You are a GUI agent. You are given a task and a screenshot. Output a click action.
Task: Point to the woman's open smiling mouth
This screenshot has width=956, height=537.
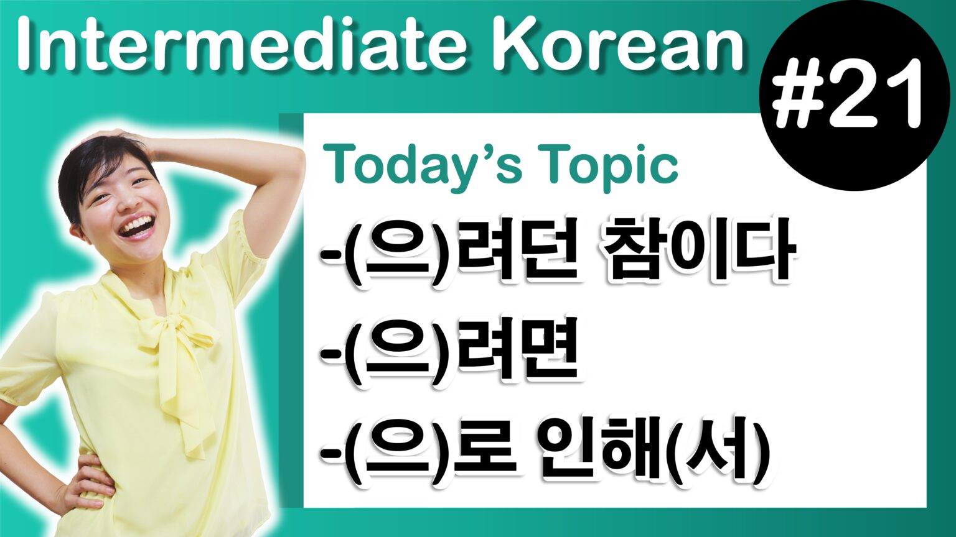(136, 227)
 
